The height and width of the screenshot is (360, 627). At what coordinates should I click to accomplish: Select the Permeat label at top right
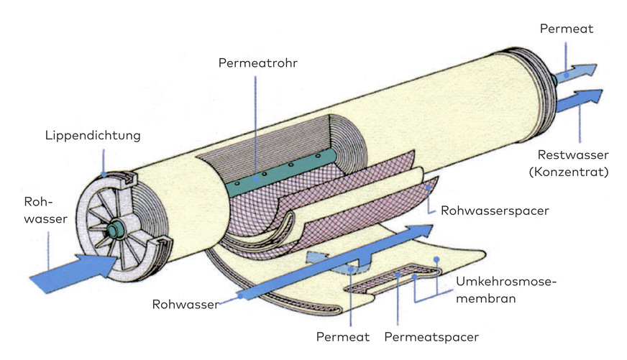click(x=565, y=29)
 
